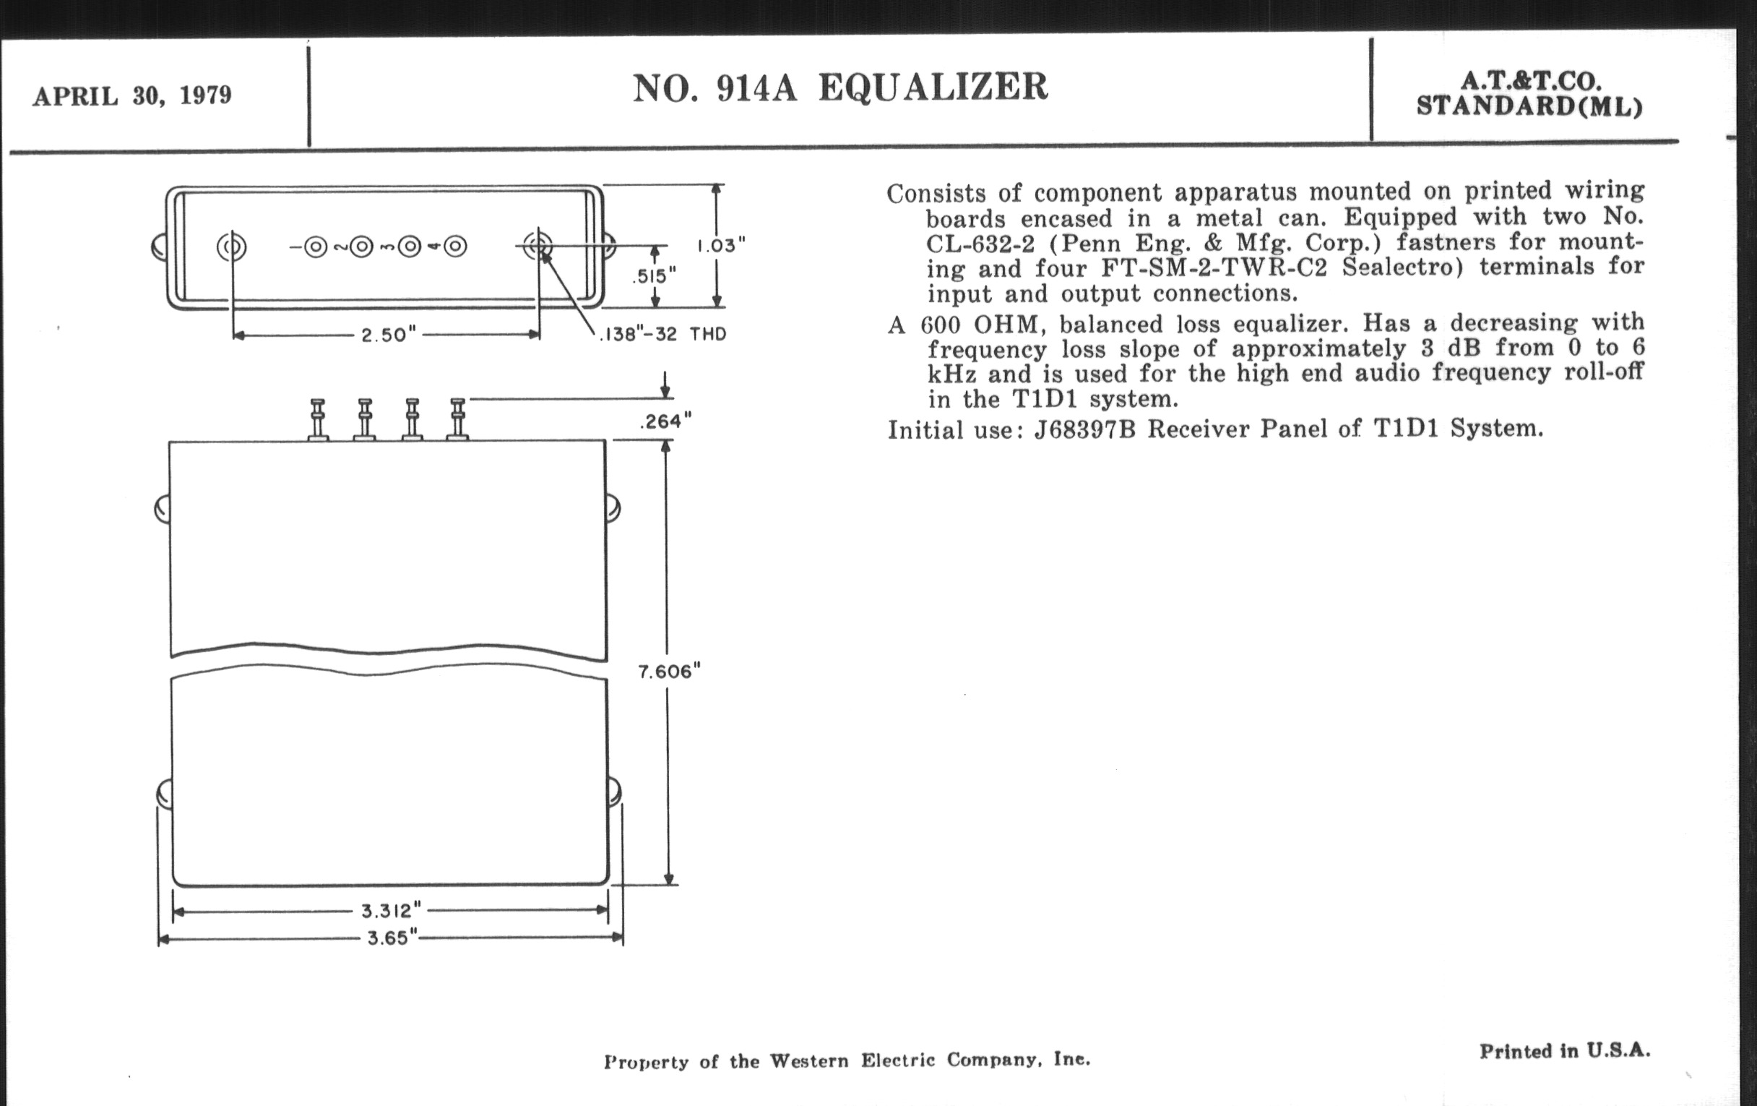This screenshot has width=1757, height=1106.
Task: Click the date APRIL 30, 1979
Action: coord(132,95)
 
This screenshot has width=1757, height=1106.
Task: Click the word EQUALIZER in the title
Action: coord(933,87)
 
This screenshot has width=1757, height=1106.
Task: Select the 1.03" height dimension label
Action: coord(721,245)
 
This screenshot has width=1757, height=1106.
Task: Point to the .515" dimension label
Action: coord(654,275)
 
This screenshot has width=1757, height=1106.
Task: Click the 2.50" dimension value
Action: coord(388,335)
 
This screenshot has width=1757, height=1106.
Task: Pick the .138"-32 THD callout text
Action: coord(662,335)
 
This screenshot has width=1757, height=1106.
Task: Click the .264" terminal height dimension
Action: coord(665,421)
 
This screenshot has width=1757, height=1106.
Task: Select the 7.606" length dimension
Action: coord(669,671)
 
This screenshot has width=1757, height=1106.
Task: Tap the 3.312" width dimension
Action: coord(391,910)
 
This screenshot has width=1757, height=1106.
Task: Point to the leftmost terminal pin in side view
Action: coord(318,420)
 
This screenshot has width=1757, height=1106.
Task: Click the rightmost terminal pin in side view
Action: coord(457,419)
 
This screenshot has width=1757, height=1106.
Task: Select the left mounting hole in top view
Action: coord(231,247)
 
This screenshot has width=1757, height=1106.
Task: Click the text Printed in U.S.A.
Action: coord(1565,1050)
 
